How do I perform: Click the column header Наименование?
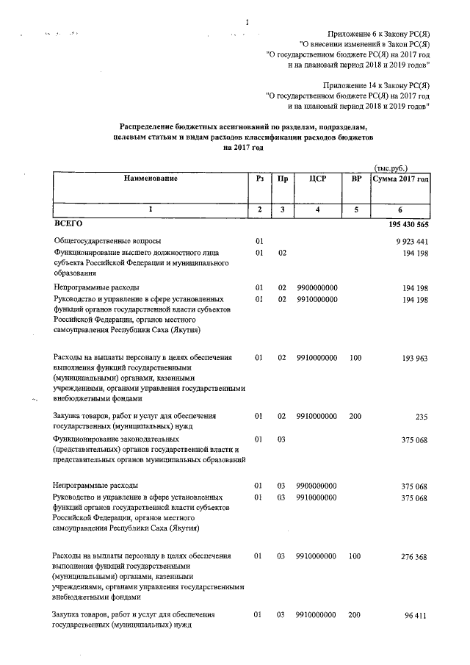pyautogui.click(x=151, y=179)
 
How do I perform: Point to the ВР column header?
pyautogui.click(x=356, y=179)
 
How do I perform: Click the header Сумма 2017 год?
pyautogui.click(x=400, y=179)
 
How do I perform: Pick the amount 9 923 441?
pyautogui.click(x=411, y=241)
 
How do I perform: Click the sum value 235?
pyautogui.click(x=422, y=417)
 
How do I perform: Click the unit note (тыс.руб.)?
pyautogui.click(x=390, y=168)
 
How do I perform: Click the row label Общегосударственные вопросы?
pyautogui.click(x=107, y=241)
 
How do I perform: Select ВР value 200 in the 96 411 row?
pyautogui.click(x=355, y=614)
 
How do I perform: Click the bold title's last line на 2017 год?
pyautogui.click(x=239, y=147)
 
